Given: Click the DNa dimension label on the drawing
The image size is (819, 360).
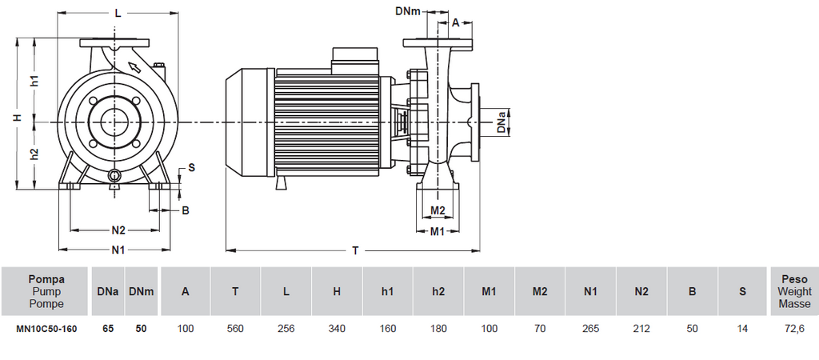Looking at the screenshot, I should point(501,122).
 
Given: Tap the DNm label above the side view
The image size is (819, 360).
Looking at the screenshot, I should point(409,10).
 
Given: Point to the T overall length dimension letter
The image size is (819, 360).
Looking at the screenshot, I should point(355,251).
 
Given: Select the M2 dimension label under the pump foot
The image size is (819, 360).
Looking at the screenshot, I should point(437,210).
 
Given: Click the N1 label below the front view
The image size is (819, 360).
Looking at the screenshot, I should point(118,250).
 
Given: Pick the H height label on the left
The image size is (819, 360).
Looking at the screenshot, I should point(16,118).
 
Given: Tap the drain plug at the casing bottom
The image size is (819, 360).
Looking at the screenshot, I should point(114,175).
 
